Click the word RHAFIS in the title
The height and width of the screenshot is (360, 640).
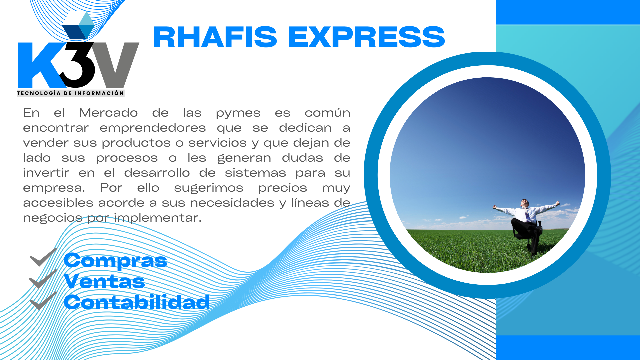tap(215, 37)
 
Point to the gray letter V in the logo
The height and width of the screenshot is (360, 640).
tap(115, 63)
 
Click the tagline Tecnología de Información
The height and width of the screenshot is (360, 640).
tap(70, 93)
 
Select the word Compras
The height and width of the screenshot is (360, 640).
tap(115, 261)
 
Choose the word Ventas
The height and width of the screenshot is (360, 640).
tap(104, 281)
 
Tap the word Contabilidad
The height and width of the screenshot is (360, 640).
tap(137, 302)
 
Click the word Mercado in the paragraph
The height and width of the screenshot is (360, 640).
tap(108, 113)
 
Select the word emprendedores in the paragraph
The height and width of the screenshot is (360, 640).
tap(153, 128)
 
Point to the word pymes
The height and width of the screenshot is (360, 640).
tap(238, 113)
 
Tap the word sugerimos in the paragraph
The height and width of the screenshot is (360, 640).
tap(209, 188)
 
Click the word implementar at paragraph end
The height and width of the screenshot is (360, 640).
tap(158, 218)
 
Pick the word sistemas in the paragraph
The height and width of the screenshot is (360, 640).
tap(255, 173)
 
